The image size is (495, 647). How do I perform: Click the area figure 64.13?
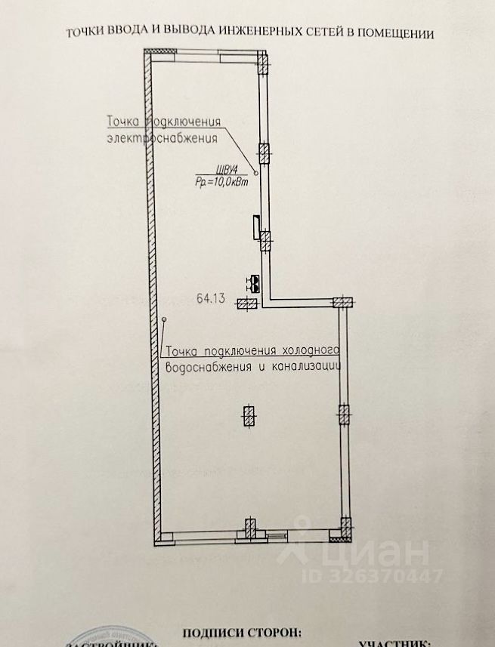click(212, 298)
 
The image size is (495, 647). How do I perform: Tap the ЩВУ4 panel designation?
click(206, 169)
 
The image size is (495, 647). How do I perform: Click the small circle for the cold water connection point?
click(163, 320)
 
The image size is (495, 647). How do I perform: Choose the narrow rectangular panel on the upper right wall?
click(256, 226)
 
